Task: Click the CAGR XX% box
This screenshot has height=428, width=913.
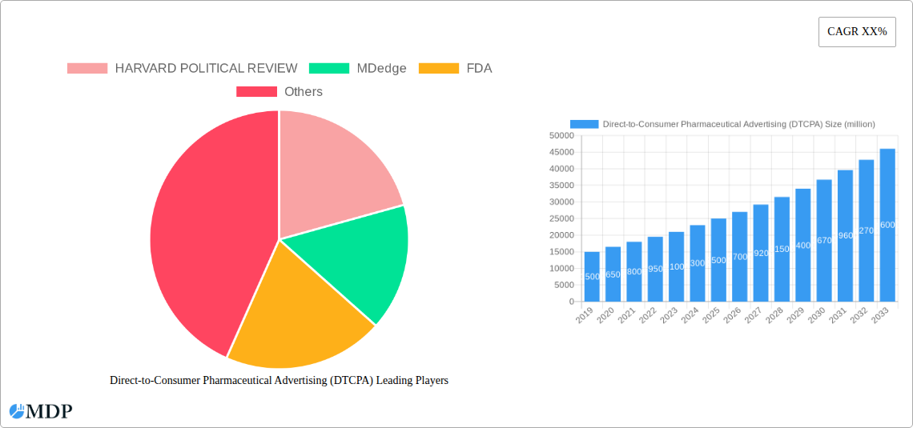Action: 857,32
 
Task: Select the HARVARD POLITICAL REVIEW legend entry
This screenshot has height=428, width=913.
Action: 183,69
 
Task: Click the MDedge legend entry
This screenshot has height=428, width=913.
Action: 357,69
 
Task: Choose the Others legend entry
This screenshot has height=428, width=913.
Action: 280,92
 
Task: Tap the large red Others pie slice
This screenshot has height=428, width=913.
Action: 200,240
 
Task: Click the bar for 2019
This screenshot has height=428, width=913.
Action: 592,277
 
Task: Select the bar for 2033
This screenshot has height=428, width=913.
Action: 887,225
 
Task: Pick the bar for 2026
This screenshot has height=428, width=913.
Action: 739,257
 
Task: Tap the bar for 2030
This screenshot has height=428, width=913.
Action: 824,241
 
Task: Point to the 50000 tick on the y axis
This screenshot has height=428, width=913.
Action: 561,136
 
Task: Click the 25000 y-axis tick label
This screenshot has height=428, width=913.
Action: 561,219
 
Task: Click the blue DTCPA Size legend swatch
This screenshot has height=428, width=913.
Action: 584,124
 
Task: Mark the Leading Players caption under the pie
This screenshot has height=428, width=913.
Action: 279,381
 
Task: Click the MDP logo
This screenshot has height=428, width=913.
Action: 41,411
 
